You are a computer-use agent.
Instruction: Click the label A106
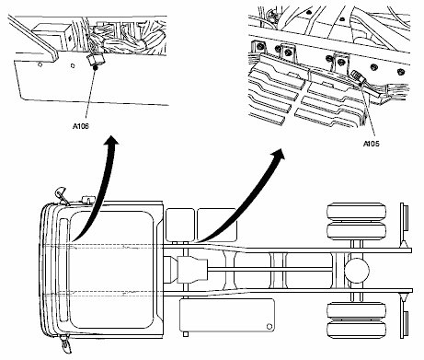pyautogui.click(x=81, y=126)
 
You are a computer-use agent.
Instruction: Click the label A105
pyautogui.click(x=372, y=144)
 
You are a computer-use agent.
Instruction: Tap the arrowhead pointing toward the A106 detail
pyautogui.click(x=111, y=140)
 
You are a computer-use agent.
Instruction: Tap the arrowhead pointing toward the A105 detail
pyautogui.click(x=279, y=154)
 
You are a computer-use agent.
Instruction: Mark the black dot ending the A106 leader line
pyautogui.click(x=95, y=67)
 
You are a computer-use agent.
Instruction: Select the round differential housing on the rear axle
pyautogui.click(x=357, y=271)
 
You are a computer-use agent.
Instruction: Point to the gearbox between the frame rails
pyautogui.click(x=192, y=269)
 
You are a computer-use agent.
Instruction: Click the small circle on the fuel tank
pyautogui.click(x=269, y=327)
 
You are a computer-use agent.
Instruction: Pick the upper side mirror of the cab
pyautogui.click(x=61, y=194)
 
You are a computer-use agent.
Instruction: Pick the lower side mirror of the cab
pyautogui.click(x=65, y=344)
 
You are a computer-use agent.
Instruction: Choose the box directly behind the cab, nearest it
pyautogui.click(x=180, y=225)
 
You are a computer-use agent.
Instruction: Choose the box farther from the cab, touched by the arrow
pyautogui.click(x=217, y=225)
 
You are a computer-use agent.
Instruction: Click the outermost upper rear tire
pyautogui.click(x=357, y=211)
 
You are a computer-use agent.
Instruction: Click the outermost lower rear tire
pyautogui.click(x=357, y=330)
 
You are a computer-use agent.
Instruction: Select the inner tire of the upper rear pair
pyautogui.click(x=357, y=230)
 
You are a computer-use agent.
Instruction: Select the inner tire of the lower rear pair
pyautogui.click(x=357, y=310)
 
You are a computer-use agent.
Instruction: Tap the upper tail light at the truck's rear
pyautogui.click(x=405, y=218)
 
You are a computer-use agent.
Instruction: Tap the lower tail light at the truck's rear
pyautogui.click(x=405, y=324)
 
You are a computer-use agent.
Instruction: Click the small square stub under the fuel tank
pyautogui.click(x=186, y=334)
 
